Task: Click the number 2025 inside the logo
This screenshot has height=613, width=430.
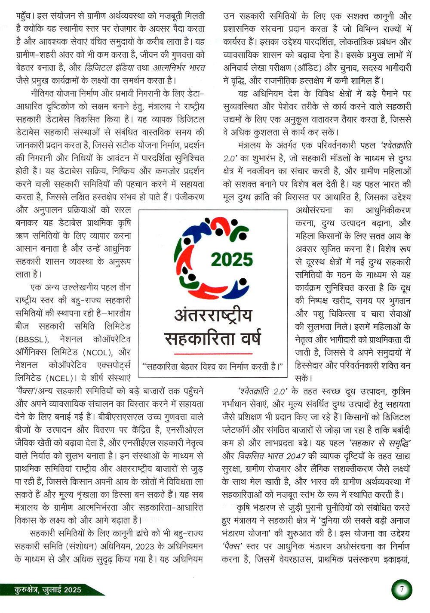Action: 232,260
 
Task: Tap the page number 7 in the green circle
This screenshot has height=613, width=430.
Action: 402,589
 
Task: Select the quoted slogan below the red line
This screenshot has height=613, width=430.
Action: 213,366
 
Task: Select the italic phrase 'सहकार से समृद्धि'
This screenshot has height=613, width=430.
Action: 380,443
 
